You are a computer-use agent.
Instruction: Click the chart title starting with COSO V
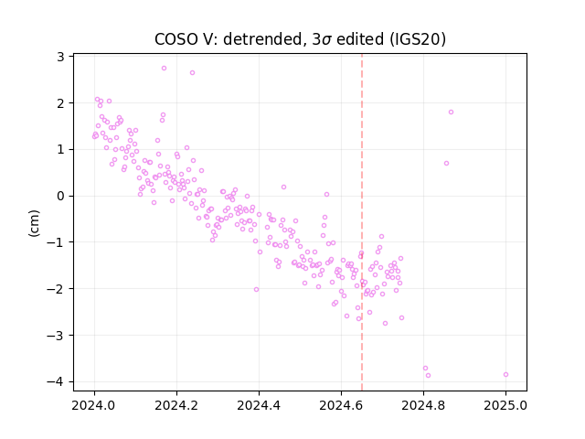tap(300, 38)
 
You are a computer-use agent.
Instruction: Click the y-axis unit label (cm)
tap(34, 223)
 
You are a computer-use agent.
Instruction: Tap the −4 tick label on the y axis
tap(56, 381)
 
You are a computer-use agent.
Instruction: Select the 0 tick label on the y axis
tap(60, 196)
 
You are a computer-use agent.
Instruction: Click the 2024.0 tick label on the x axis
tap(94, 405)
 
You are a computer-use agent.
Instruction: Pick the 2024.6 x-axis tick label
tap(341, 405)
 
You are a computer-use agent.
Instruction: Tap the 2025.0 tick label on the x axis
tap(505, 405)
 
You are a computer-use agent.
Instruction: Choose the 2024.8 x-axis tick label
tap(423, 405)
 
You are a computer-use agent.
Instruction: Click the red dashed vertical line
tap(362, 222)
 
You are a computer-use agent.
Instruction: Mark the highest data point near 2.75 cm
tap(164, 68)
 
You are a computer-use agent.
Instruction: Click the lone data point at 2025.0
tap(505, 374)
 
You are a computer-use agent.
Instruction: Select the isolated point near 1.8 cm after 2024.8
tap(451, 112)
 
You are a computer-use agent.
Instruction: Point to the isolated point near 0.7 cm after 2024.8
tap(446, 163)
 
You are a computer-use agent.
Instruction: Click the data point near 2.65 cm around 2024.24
tap(192, 73)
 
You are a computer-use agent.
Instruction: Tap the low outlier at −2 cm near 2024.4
tap(256, 289)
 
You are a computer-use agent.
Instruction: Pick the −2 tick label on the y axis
tap(56, 289)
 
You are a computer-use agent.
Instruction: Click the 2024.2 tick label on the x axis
tap(176, 405)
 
